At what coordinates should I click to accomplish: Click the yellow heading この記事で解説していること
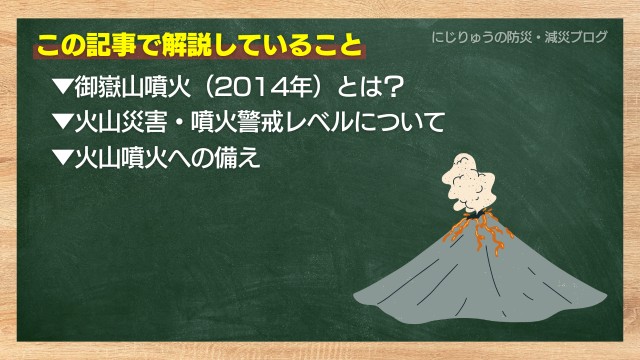(x=200, y=45)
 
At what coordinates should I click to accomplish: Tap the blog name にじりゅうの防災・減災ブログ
(x=520, y=37)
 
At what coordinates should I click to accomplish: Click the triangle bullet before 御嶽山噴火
(x=63, y=86)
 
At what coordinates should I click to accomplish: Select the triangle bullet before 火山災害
(x=63, y=122)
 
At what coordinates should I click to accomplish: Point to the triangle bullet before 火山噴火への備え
(x=63, y=157)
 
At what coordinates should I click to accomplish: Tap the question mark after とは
(x=394, y=86)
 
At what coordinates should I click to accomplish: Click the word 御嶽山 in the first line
(x=109, y=86)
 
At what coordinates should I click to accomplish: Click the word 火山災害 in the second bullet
(x=121, y=122)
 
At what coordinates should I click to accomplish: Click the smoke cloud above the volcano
(x=469, y=183)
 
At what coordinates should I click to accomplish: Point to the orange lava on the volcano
(x=480, y=231)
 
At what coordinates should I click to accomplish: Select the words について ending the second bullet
(x=400, y=122)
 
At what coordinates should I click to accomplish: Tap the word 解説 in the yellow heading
(x=187, y=45)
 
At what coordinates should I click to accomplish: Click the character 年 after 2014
(x=300, y=86)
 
